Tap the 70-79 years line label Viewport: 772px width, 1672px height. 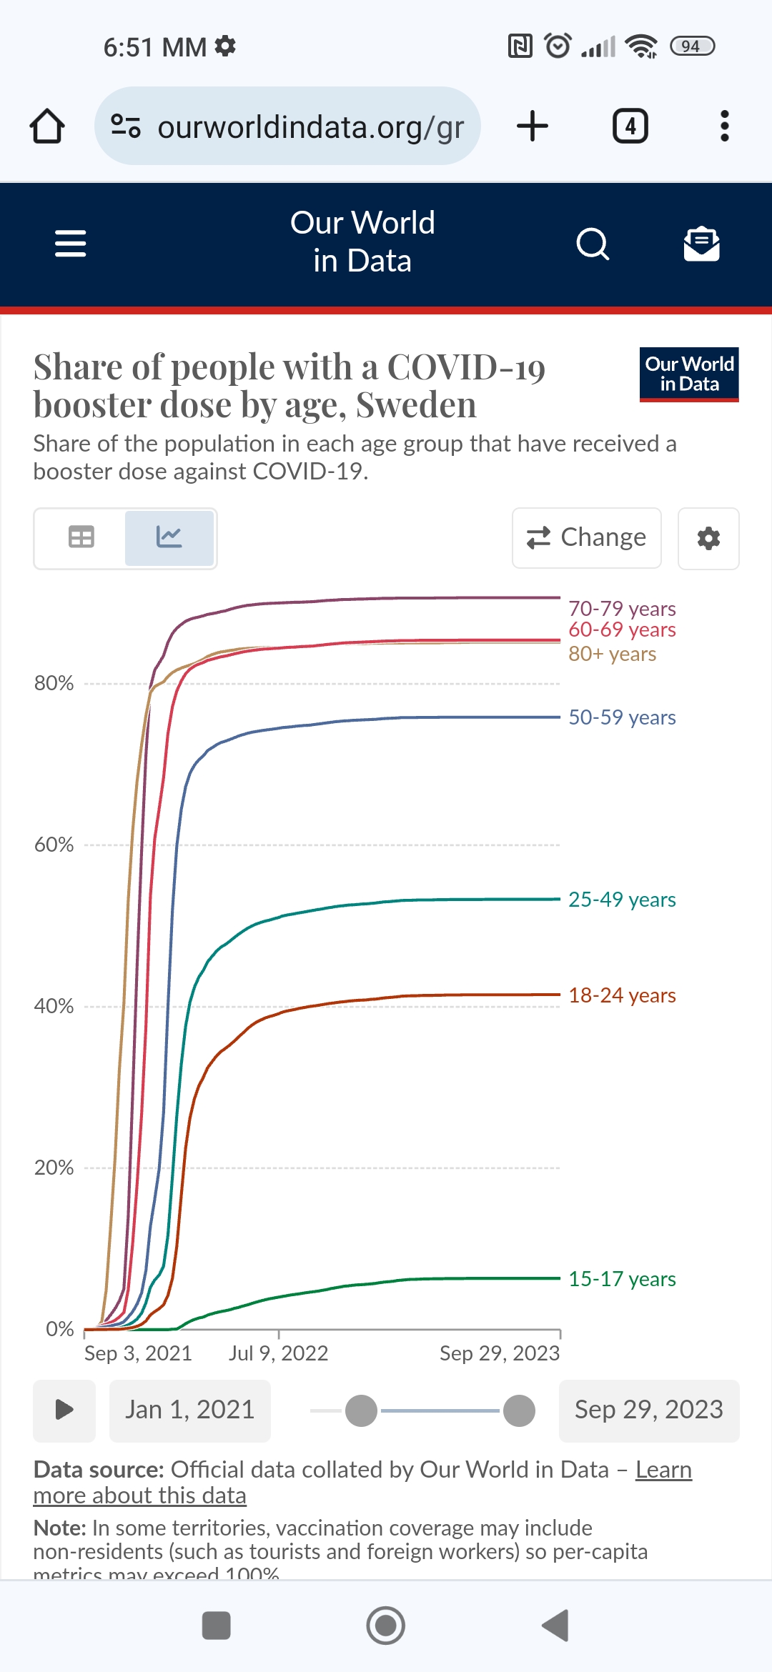(621, 609)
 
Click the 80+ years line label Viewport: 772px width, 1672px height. (612, 654)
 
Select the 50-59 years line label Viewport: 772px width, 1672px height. (621, 717)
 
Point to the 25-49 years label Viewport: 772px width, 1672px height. (621, 900)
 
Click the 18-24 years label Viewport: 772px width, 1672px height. (621, 995)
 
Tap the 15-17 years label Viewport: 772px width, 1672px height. (621, 1279)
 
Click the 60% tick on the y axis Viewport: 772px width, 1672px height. (54, 845)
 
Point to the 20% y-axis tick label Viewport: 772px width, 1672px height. (54, 1168)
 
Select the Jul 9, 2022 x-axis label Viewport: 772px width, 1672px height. (278, 1353)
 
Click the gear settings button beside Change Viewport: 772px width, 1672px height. (708, 538)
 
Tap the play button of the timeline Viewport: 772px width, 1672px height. (64, 1410)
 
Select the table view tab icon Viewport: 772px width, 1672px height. (81, 537)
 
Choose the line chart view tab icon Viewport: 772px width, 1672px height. (169, 537)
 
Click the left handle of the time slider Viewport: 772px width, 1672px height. (361, 1410)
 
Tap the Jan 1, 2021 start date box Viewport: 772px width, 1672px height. (189, 1410)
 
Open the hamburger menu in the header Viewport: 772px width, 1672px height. (70, 243)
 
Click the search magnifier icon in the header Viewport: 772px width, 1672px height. (593, 244)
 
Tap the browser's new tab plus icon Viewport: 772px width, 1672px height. (532, 126)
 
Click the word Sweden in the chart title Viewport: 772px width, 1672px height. (416, 405)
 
